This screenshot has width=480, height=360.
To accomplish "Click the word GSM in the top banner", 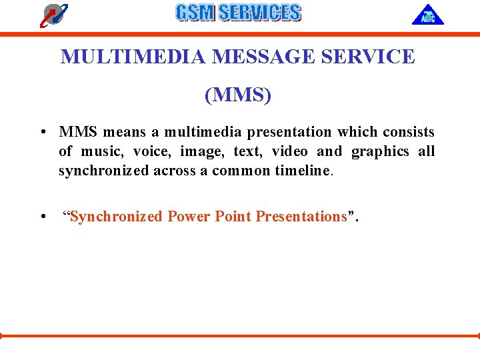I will coord(195,13).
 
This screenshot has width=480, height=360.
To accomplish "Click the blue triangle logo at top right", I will coord(427,15).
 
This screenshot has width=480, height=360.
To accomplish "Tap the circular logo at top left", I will coord(53,15).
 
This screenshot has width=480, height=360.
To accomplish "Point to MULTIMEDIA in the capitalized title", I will coord(133,57).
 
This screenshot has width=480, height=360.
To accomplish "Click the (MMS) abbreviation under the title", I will coord(238,95).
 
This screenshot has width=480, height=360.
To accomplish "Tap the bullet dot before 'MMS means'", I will coord(42,132).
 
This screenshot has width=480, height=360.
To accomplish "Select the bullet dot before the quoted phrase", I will coord(42,217).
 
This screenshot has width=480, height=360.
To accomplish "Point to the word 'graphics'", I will coord(380,151).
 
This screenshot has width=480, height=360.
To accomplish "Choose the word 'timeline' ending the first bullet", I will coord(303,171).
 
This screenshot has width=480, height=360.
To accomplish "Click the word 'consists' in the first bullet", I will coord(408,132).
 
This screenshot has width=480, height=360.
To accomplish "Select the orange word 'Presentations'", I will coord(301,217).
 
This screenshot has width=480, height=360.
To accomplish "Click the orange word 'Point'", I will coord(233,217).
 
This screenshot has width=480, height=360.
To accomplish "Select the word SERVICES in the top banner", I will coord(259,13).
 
